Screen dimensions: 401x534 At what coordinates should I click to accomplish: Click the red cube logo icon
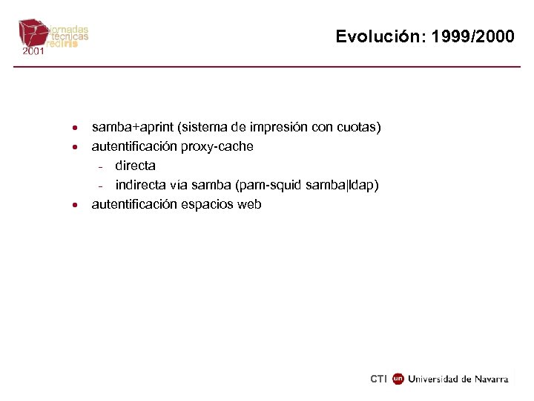tap(33, 33)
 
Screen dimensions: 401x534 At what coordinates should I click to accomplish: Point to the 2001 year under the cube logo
tap(33, 53)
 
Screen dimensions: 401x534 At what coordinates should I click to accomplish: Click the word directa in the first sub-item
tap(135, 166)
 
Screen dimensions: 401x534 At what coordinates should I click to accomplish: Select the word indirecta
tap(142, 185)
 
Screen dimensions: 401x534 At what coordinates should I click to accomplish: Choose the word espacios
tap(208, 204)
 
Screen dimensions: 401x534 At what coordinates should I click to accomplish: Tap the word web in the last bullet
tap(249, 204)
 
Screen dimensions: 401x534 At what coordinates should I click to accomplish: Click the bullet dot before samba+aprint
tap(76, 128)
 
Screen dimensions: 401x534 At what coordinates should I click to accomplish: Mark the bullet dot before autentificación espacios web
tap(76, 205)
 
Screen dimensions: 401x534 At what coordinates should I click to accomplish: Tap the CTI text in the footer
tap(378, 379)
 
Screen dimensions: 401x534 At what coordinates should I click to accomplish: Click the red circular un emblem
tap(398, 379)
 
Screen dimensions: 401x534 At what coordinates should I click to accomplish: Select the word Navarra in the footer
tap(492, 379)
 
